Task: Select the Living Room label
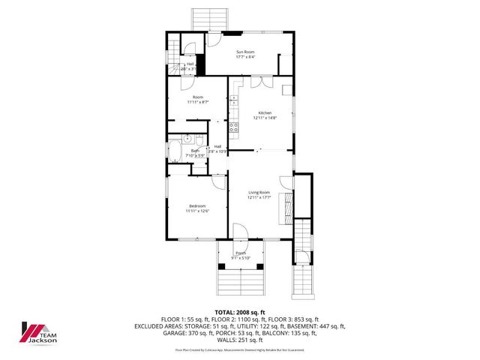click(259, 192)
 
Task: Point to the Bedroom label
click(197, 205)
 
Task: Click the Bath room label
click(194, 150)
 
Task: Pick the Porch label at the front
click(241, 253)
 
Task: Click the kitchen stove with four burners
click(233, 127)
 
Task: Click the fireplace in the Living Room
click(285, 208)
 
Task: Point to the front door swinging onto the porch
click(240, 232)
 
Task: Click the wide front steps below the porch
click(240, 283)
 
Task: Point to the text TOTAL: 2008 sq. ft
click(240, 312)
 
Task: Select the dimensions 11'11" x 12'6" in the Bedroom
click(197, 211)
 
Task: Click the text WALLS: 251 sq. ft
click(240, 339)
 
